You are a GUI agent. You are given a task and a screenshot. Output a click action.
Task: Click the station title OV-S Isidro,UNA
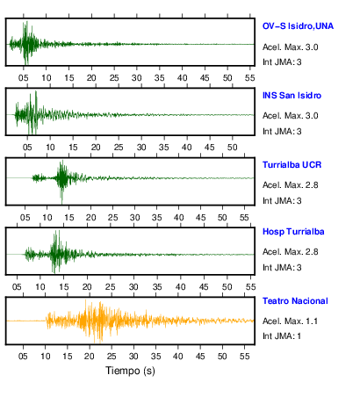[298, 26]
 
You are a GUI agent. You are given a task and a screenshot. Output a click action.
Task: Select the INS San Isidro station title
[292, 96]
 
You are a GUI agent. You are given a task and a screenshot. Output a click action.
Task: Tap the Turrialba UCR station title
[292, 165]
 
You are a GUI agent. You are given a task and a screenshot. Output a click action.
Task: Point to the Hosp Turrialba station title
[293, 232]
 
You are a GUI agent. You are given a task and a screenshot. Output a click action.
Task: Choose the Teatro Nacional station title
[295, 301]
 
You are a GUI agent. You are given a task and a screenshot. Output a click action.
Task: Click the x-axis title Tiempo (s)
[130, 371]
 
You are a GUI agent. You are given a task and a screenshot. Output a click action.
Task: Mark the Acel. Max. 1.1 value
[290, 321]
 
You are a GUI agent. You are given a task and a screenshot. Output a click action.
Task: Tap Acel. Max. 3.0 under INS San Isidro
[291, 116]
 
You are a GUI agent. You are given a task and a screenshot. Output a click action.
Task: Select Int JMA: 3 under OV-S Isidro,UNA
[282, 62]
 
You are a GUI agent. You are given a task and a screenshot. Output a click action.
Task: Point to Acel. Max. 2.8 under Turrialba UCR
[291, 185]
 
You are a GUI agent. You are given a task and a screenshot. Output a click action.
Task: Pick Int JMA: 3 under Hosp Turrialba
[282, 268]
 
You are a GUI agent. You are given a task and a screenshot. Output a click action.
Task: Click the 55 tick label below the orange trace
[244, 357]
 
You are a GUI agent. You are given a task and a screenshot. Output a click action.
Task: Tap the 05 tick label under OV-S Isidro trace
[24, 78]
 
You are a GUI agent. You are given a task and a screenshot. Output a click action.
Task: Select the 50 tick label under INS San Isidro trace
[232, 148]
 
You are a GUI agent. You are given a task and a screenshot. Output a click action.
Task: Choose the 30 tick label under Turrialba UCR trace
[134, 218]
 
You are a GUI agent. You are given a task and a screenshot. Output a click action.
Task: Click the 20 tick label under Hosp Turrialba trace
[87, 287]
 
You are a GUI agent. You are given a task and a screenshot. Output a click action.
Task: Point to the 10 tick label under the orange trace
[45, 357]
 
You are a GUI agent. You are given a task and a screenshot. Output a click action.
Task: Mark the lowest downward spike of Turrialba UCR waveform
[61, 204]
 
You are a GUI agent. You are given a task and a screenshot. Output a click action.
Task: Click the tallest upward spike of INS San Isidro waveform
[36, 91]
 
